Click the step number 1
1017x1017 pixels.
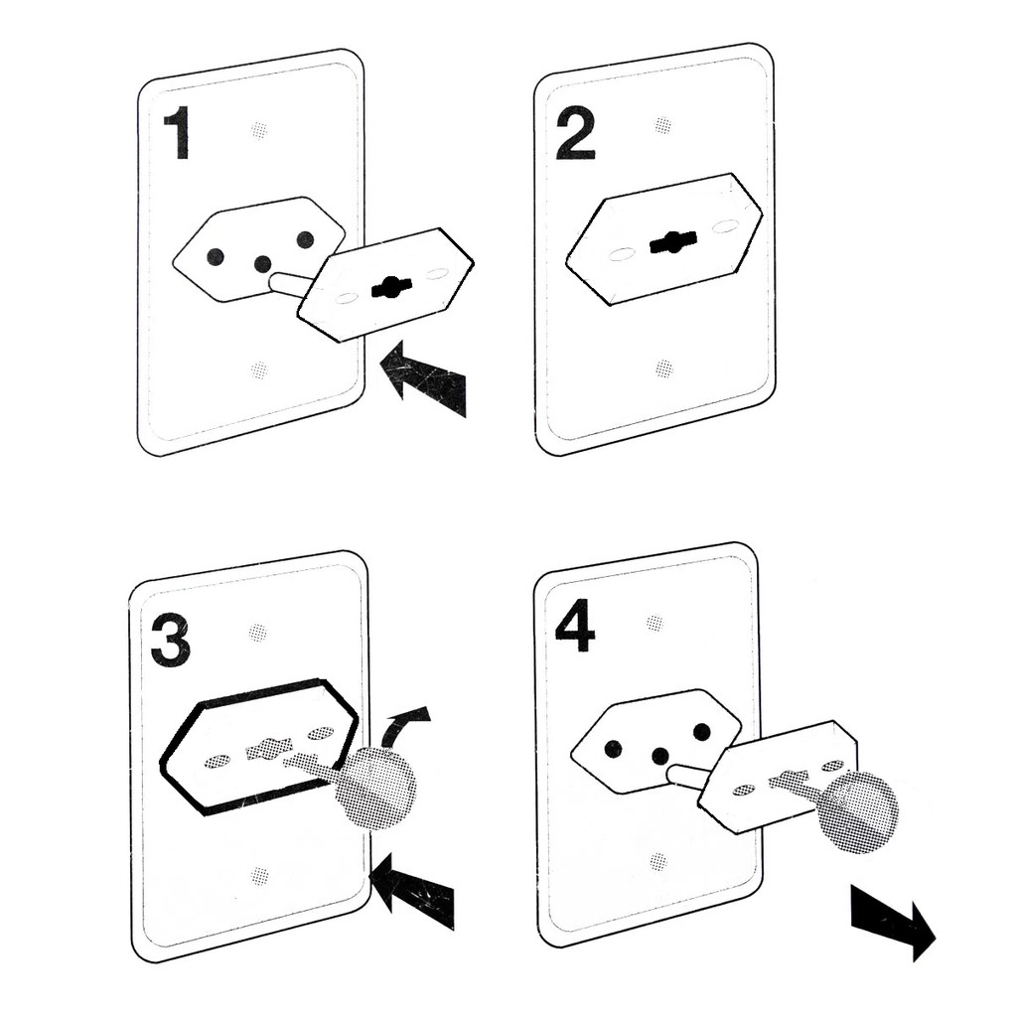[x=177, y=133]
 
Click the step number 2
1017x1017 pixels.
[x=575, y=133]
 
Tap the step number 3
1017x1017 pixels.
[x=170, y=640]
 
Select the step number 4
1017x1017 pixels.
[x=574, y=626]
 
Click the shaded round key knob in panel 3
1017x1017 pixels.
[x=374, y=788]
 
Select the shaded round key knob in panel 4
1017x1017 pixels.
[x=856, y=812]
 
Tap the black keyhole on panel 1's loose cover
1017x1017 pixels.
[x=391, y=287]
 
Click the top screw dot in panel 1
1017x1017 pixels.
[x=260, y=129]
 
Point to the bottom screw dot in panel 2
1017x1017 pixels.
[x=664, y=369]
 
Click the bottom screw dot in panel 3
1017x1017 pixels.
[x=260, y=876]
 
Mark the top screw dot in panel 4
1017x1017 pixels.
[x=654, y=623]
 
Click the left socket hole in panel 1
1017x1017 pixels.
[x=216, y=256]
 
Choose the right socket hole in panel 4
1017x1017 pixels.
[x=702, y=732]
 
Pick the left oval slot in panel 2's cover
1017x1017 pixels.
[x=622, y=254]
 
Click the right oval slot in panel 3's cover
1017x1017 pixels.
[x=320, y=733]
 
